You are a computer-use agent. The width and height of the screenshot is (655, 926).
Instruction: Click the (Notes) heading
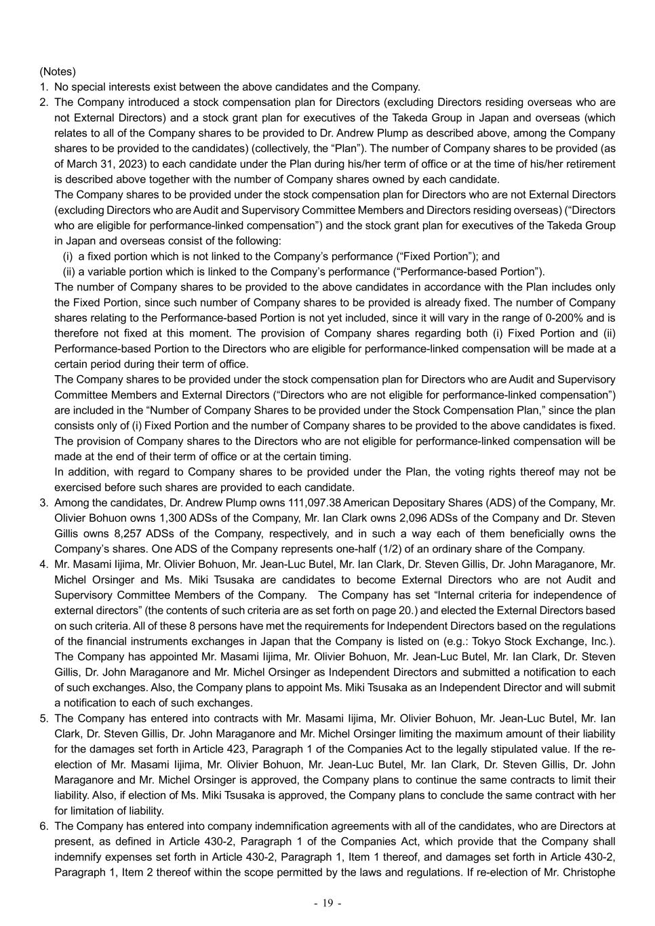tap(58, 71)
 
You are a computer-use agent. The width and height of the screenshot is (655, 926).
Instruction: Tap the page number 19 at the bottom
tap(327, 903)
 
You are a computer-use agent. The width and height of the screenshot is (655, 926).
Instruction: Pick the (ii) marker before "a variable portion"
tap(68, 271)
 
